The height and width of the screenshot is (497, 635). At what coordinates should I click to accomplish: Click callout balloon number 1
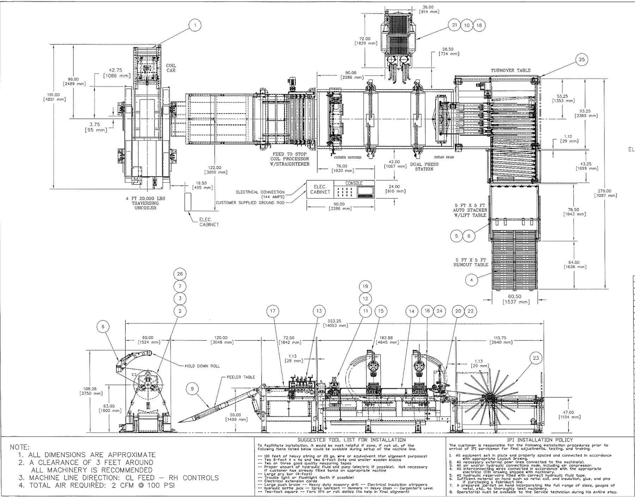coord(195,25)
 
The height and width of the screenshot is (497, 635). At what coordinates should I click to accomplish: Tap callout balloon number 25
coord(581,60)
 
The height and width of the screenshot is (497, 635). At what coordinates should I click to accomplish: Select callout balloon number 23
coord(536,358)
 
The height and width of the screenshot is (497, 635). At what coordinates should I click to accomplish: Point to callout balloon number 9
coord(192,389)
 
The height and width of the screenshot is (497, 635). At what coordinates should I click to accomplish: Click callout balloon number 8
coord(103,327)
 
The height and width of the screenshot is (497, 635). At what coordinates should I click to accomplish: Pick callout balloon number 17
coord(273,311)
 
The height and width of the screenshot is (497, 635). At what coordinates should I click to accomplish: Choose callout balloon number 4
coord(471,280)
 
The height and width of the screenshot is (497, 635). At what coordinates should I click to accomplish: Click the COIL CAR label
coord(171,68)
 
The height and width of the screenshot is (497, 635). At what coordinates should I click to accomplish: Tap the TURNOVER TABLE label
coord(510,70)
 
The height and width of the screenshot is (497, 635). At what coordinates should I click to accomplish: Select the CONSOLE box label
coord(354,183)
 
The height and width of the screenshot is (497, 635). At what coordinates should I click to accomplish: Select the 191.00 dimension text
coord(54,97)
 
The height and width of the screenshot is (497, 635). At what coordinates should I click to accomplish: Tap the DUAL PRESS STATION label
coord(424,167)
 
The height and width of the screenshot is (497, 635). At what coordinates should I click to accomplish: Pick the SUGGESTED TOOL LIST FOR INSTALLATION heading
coord(352,440)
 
